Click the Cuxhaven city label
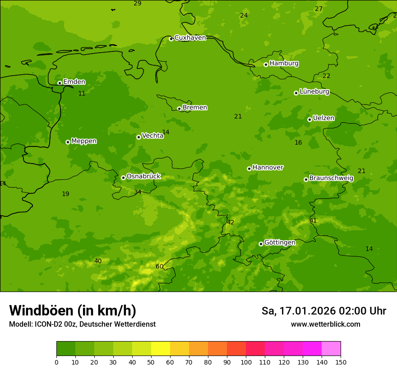click(x=190, y=38)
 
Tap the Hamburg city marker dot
click(x=266, y=64)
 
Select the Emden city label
click(x=74, y=82)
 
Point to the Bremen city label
click(x=195, y=108)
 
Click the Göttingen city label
click(x=280, y=243)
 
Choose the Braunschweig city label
click(x=331, y=178)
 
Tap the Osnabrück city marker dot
click(x=123, y=178)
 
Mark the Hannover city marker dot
click(x=249, y=169)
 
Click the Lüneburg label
click(x=314, y=91)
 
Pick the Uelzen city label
click(x=323, y=119)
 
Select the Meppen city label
click(x=84, y=141)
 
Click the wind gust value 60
click(x=160, y=266)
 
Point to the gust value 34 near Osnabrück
click(x=138, y=192)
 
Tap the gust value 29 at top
click(x=138, y=4)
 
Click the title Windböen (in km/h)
click(x=73, y=310)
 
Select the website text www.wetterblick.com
click(x=325, y=324)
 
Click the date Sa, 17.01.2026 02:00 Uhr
click(x=323, y=311)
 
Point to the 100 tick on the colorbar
click(x=246, y=362)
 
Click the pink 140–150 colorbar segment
click(x=331, y=349)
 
